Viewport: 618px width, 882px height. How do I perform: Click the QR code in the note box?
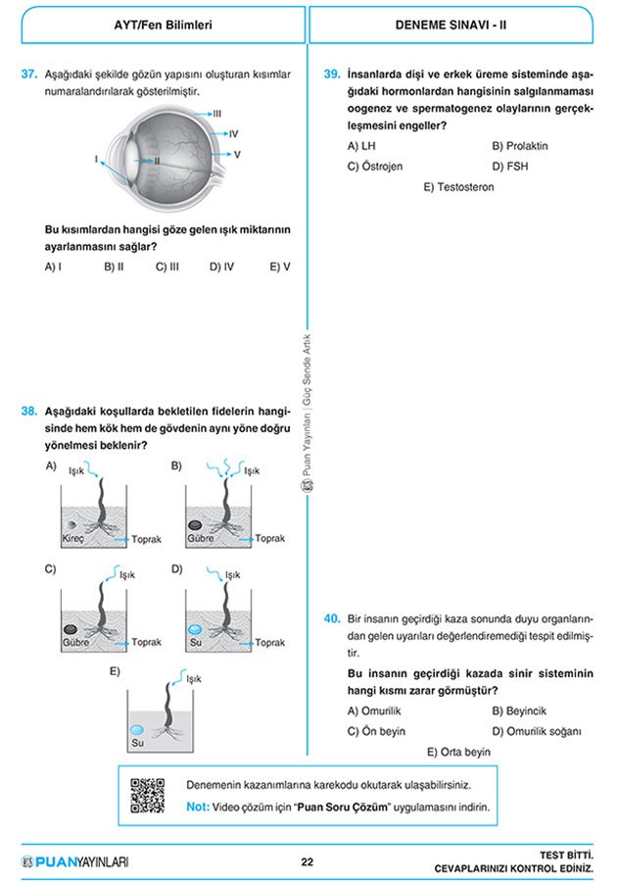147,796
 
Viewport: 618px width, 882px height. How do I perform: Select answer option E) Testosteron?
458,187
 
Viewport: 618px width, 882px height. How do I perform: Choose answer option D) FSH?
511,167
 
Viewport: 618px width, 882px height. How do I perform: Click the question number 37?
28,73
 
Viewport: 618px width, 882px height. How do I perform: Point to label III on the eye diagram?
217,114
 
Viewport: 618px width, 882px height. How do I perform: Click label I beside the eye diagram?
96,158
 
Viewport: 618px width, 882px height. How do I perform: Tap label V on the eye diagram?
237,155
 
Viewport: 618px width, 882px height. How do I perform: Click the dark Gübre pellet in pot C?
71,628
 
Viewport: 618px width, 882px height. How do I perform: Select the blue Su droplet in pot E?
137,730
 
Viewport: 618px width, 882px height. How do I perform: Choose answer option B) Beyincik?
519,710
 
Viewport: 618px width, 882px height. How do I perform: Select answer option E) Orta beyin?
458,752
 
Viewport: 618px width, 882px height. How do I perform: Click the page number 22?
307,862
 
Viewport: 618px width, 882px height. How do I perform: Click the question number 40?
331,618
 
